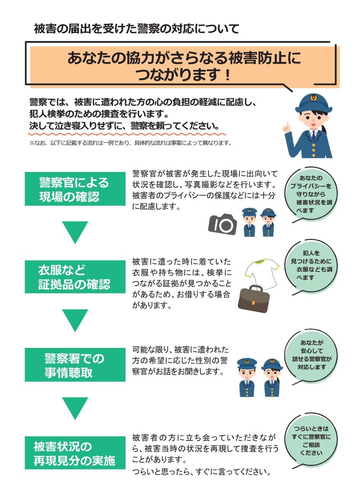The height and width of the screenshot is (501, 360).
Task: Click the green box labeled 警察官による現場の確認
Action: coord(75,189)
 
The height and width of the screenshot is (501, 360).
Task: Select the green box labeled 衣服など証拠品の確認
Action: coord(75,278)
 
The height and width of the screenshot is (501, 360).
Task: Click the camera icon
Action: coord(223,224)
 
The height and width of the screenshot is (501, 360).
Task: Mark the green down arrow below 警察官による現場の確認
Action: coord(75,232)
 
